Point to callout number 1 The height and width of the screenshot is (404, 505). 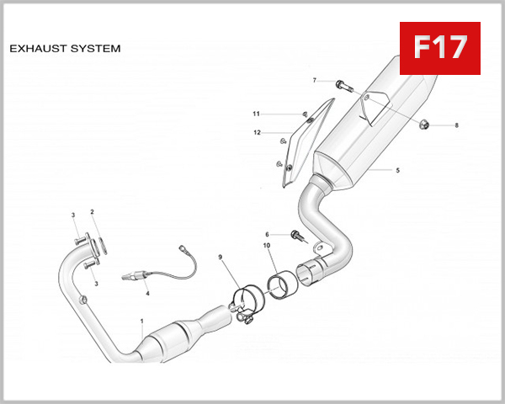[141, 322]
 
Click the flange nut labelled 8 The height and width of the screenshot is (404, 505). [425, 125]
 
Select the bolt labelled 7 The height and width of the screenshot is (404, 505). [340, 83]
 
